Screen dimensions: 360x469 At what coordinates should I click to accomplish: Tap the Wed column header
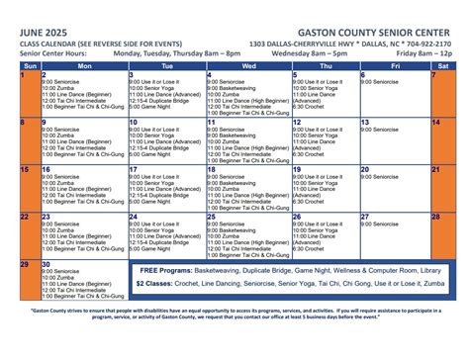pyautogui.click(x=247, y=65)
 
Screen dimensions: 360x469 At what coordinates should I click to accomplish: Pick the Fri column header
pyautogui.click(x=394, y=65)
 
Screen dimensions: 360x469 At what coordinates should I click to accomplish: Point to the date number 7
pyautogui.click(x=433, y=75)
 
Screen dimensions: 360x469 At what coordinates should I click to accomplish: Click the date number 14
pyautogui.click(x=435, y=123)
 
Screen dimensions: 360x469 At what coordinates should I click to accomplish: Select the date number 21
pyautogui.click(x=435, y=170)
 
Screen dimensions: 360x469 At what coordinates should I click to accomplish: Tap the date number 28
pyautogui.click(x=435, y=217)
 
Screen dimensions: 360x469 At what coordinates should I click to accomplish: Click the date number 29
pyautogui.click(x=25, y=265)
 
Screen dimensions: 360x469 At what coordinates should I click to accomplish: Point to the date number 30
pyautogui.click(x=46, y=265)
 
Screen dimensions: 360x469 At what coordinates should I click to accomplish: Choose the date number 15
pyautogui.click(x=25, y=170)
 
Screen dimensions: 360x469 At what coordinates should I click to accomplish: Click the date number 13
pyautogui.click(x=365, y=123)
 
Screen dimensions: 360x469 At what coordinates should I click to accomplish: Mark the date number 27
pyautogui.click(x=365, y=217)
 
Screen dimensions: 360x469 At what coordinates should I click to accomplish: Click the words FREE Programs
pyautogui.click(x=165, y=270)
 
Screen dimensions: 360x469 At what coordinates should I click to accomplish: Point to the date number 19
pyautogui.click(x=296, y=170)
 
